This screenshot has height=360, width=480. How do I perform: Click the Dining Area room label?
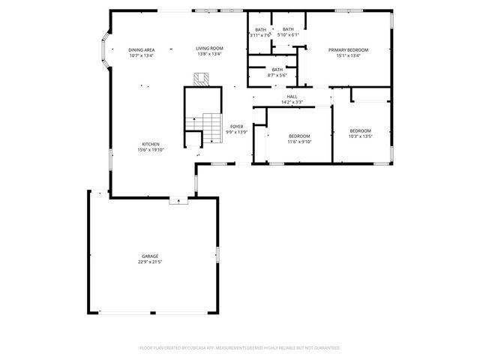141,49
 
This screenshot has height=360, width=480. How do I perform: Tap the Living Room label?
210,49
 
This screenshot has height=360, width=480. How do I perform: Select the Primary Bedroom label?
349,49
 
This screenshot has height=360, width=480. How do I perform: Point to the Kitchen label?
151,144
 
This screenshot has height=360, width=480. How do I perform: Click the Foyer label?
237,127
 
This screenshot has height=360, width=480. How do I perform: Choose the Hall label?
292,97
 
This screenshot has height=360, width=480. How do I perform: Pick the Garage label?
151,256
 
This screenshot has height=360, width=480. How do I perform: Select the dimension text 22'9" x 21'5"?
151,262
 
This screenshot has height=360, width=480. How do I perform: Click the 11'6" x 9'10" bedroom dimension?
299,142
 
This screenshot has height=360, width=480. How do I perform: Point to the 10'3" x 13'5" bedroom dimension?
361,136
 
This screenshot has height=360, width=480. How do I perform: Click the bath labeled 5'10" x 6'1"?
288,34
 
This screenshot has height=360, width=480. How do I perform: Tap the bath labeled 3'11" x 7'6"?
259,34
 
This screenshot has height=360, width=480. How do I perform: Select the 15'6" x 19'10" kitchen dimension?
151,150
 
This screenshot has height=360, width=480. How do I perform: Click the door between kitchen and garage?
178,199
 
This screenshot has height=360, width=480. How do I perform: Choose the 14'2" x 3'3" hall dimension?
292,102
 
